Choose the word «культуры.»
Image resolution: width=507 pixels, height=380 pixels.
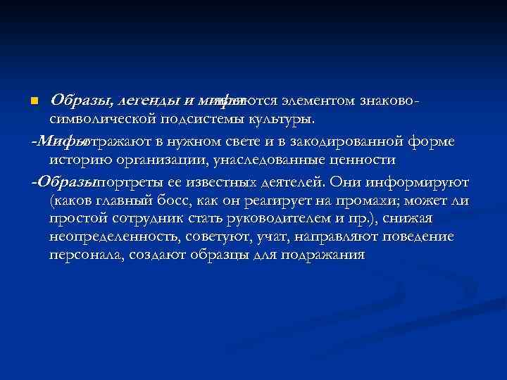pos(288,122)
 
